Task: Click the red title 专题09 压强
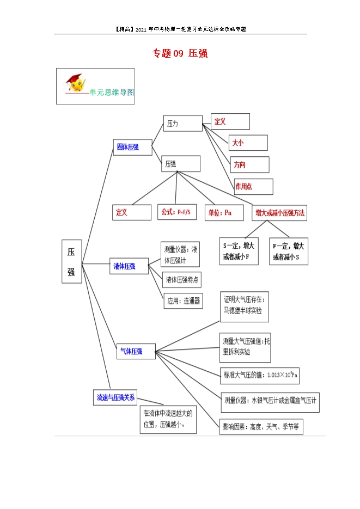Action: coord(180,53)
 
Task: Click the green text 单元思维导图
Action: coord(112,92)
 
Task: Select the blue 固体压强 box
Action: coord(132,148)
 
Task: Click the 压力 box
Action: coord(183,124)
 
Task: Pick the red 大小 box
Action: coord(248,143)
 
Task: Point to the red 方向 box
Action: coord(249,164)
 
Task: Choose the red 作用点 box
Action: coord(254,187)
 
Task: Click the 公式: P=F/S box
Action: coord(177,212)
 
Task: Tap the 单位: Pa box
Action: coord(224,213)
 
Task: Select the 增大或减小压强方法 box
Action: coord(279,213)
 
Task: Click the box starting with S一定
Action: coord(239,252)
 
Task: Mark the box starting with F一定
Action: coord(289,252)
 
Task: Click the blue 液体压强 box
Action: coord(129,266)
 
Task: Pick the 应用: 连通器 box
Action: coord(183,301)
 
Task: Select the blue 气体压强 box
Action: coord(136,351)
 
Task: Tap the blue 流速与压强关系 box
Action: coord(115,397)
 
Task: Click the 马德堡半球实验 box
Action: coord(245,307)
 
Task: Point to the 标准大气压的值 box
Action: coord(260,376)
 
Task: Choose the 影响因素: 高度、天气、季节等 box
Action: coord(261,427)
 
